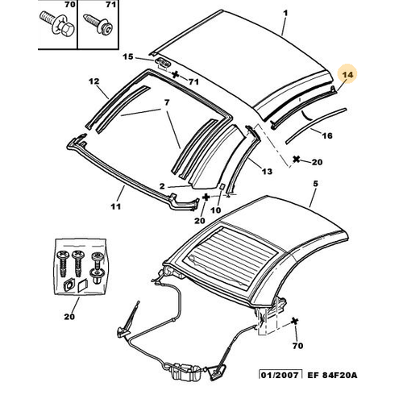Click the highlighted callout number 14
[347, 74]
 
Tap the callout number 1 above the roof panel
[285, 13]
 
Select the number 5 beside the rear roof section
[315, 184]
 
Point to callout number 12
[94, 81]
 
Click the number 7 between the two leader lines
[167, 102]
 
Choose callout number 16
[327, 135]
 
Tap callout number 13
[267, 171]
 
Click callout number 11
[115, 206]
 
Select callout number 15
[128, 56]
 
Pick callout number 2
[162, 186]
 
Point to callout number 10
[215, 210]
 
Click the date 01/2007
[280, 375]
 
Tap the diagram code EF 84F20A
[332, 375]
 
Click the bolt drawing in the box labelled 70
[58, 25]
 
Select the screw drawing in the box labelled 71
[98, 23]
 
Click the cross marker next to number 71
[176, 74]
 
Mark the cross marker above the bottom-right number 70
[295, 321]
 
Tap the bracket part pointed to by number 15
[163, 63]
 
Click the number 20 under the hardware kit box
[69, 317]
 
